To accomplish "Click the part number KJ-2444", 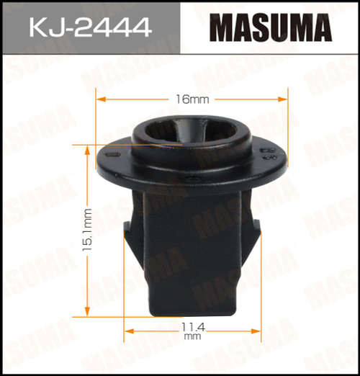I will click(x=89, y=28).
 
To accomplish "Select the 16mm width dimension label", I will click(x=191, y=98).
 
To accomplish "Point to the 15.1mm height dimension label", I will click(x=87, y=229).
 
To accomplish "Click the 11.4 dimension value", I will click(x=191, y=326).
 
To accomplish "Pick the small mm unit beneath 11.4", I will click(x=191, y=336).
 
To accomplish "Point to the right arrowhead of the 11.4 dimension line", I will click(x=256, y=331).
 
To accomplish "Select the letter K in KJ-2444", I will click(x=37, y=28).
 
